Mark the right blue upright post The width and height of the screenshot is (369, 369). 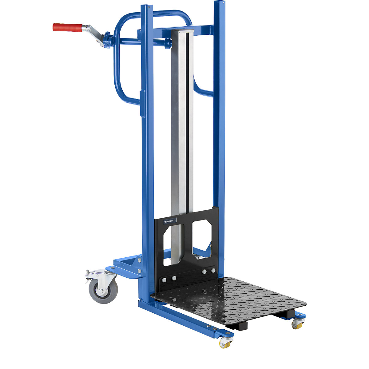tap(219, 123)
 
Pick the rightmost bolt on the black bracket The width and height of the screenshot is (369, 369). tap(213, 270)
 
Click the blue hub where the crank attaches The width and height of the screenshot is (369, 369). tap(107, 40)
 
